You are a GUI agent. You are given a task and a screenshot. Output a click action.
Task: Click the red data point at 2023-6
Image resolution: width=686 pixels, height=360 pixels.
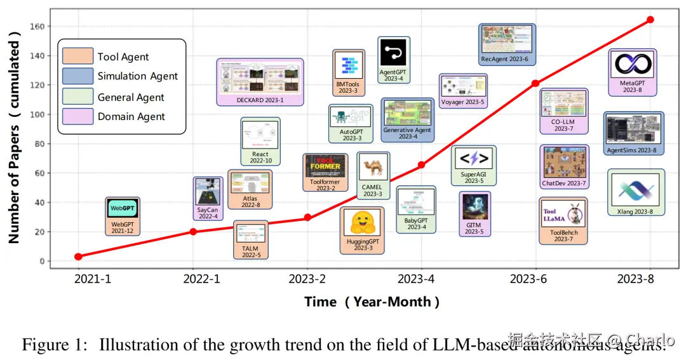[535, 83]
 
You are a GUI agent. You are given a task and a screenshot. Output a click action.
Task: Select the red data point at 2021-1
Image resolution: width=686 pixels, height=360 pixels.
[78, 257]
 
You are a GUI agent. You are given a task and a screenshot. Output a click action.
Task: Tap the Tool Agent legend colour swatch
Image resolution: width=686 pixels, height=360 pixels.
[77, 57]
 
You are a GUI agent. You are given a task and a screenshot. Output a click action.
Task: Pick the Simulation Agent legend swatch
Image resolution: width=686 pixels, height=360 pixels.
[77, 76]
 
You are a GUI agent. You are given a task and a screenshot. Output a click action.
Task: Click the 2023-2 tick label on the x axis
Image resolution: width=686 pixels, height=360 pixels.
[307, 279]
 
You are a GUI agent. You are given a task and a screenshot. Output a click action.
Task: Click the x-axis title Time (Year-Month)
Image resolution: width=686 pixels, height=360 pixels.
[372, 302]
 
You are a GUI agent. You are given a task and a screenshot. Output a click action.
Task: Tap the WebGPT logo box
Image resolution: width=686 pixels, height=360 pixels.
[123, 208]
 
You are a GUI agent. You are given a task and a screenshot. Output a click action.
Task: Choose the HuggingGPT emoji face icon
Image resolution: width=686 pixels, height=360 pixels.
[361, 223]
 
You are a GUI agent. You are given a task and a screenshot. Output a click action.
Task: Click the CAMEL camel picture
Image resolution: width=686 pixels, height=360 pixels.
[373, 168]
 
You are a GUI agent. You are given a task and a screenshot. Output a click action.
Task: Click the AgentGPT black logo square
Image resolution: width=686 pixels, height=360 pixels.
[393, 53]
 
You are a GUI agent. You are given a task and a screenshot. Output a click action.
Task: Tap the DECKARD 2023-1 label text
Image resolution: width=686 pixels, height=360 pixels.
[260, 100]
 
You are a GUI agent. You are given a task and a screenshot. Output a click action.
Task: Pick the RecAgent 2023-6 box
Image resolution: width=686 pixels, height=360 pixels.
[507, 44]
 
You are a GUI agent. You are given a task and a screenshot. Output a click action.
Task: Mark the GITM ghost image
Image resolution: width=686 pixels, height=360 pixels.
[474, 207]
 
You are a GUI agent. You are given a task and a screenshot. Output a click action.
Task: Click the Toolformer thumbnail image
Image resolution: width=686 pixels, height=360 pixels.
[325, 166]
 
